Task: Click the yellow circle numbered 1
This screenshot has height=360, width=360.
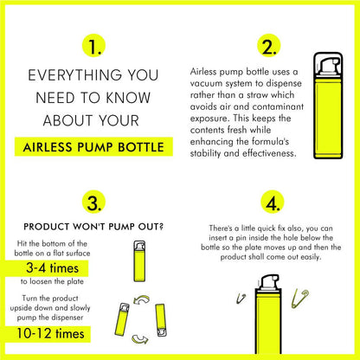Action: [x=93, y=46]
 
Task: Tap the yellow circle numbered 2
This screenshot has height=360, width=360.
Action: [x=269, y=46]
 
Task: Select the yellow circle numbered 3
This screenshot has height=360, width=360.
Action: [x=93, y=202]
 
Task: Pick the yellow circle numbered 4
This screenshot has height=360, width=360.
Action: [x=273, y=202]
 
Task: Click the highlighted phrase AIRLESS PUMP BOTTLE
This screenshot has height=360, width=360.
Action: [x=93, y=147]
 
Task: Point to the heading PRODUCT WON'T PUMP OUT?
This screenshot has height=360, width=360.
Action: [x=93, y=227]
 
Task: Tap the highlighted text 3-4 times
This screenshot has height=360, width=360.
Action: [x=52, y=268]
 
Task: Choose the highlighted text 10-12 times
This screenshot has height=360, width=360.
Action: [x=50, y=334]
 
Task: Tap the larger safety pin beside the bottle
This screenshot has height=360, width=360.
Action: [x=299, y=299]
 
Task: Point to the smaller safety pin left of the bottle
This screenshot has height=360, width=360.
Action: [x=241, y=299]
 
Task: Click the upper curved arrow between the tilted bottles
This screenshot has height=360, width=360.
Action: [x=142, y=299]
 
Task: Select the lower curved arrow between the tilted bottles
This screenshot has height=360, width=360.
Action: [x=140, y=339]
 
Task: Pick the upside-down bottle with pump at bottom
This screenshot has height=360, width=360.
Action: [x=161, y=320]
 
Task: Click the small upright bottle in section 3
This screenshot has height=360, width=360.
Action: [x=139, y=261]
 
